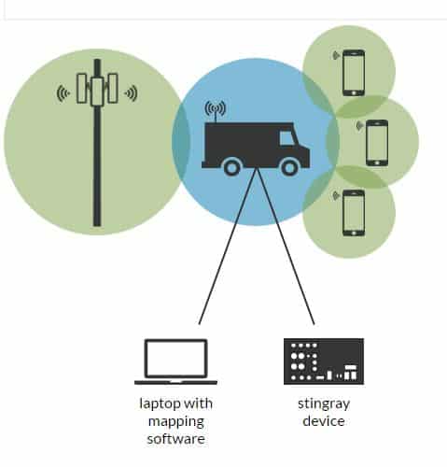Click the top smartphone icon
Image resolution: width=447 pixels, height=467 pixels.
354,73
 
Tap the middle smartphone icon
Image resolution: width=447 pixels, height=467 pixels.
377,143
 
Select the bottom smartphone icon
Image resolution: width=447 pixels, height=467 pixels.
354,213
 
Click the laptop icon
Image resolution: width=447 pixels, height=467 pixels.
175,361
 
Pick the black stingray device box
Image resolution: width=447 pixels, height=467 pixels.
324,361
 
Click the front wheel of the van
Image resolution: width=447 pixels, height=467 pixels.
289,168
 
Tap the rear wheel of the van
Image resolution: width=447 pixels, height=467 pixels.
231,168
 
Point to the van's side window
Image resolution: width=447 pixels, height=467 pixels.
287,138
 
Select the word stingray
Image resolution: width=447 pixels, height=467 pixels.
324,403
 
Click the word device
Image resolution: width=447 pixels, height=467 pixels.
324,421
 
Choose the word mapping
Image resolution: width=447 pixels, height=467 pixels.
176,422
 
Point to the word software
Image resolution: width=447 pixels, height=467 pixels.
176,439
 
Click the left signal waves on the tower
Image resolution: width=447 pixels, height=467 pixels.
63,93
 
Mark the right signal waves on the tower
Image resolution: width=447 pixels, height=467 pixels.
131,93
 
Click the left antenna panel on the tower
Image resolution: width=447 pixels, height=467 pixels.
81,88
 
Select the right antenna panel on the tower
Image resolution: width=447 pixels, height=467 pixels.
113,88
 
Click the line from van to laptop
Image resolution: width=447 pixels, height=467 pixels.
228,247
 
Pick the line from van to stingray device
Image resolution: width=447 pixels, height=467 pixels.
286,247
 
